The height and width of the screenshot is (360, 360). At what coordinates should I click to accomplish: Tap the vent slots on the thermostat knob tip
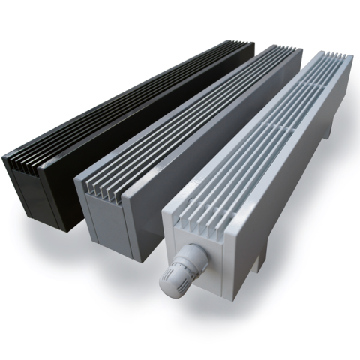pos(167,283)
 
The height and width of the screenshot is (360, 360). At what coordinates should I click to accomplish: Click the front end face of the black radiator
pos(30,191)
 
